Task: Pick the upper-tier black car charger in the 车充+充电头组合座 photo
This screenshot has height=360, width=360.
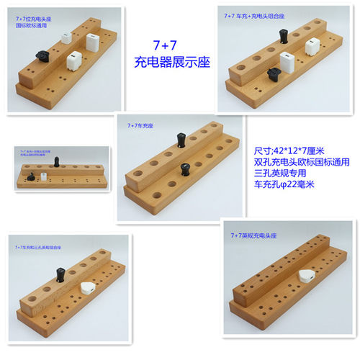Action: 283,35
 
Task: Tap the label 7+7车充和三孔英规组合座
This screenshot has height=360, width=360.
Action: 43,247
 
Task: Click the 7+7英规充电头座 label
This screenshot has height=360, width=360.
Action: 253,235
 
